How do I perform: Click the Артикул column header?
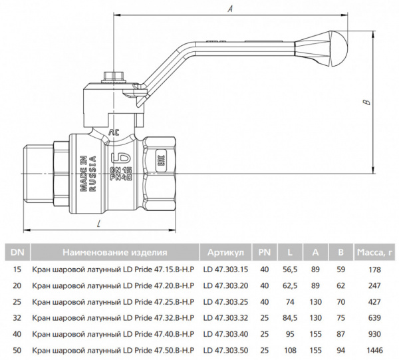coord(225,252)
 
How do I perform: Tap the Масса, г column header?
coord(376,252)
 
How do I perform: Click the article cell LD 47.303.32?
coord(225,317)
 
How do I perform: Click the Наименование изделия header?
coord(114,252)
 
